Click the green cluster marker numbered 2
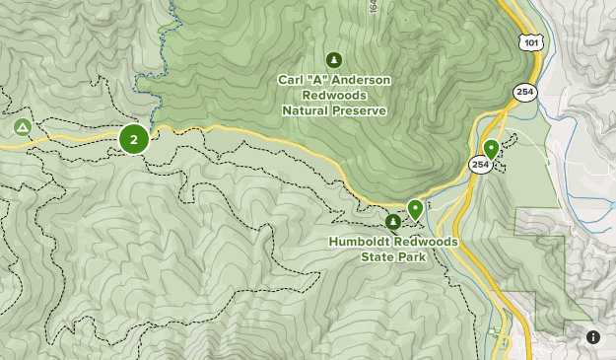coord(134,139)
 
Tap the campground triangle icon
coord(22,127)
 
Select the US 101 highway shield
coord(531,41)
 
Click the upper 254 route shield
coord(524,91)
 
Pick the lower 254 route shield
coord(480,164)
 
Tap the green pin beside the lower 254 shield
coord(491,149)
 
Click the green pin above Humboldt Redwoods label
coord(415,208)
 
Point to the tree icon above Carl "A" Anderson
coord(334,60)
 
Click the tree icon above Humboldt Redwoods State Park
coord(393,222)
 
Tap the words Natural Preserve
coord(334,111)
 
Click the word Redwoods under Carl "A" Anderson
coord(334,96)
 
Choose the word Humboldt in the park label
coord(359,242)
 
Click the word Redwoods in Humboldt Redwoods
coord(424,242)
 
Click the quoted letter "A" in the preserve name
coord(316,80)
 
